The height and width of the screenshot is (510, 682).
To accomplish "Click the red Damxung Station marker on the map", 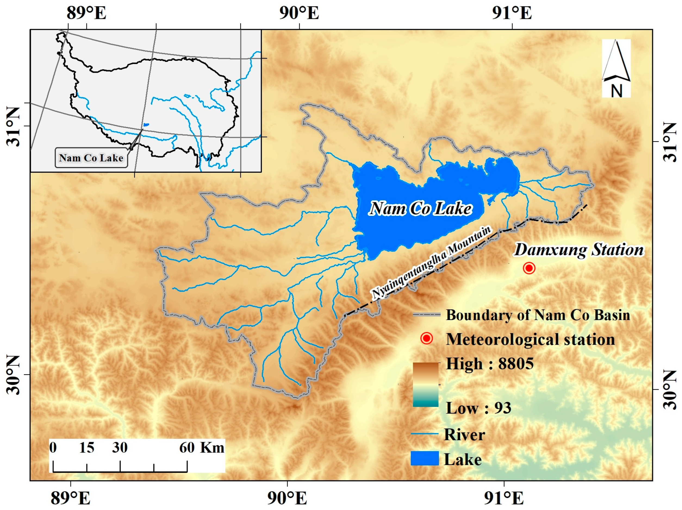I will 529,268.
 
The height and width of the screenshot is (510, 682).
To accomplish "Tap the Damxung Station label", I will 579,250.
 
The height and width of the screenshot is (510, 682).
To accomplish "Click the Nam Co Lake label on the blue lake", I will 421,209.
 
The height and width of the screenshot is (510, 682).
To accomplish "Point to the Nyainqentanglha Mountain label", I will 432,263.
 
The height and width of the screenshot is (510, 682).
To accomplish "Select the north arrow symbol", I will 616,68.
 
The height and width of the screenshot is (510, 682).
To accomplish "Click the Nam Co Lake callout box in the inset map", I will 91,158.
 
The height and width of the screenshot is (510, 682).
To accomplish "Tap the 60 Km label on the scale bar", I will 202,448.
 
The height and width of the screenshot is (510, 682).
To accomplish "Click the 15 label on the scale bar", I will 87,448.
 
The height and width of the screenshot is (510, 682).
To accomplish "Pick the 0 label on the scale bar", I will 53,448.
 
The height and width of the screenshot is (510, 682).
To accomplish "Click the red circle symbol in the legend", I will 427,338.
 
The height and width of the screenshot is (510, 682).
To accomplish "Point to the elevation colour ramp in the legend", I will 425,384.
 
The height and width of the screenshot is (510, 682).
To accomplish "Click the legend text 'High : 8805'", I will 490,364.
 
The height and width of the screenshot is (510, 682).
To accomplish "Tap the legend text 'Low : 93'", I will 478,408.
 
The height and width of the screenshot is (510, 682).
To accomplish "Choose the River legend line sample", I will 425,434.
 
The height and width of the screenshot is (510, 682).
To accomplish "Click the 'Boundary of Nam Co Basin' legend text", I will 538,315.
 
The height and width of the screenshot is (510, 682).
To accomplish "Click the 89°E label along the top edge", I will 87,13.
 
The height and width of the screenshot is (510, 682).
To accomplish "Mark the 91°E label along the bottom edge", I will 504,498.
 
